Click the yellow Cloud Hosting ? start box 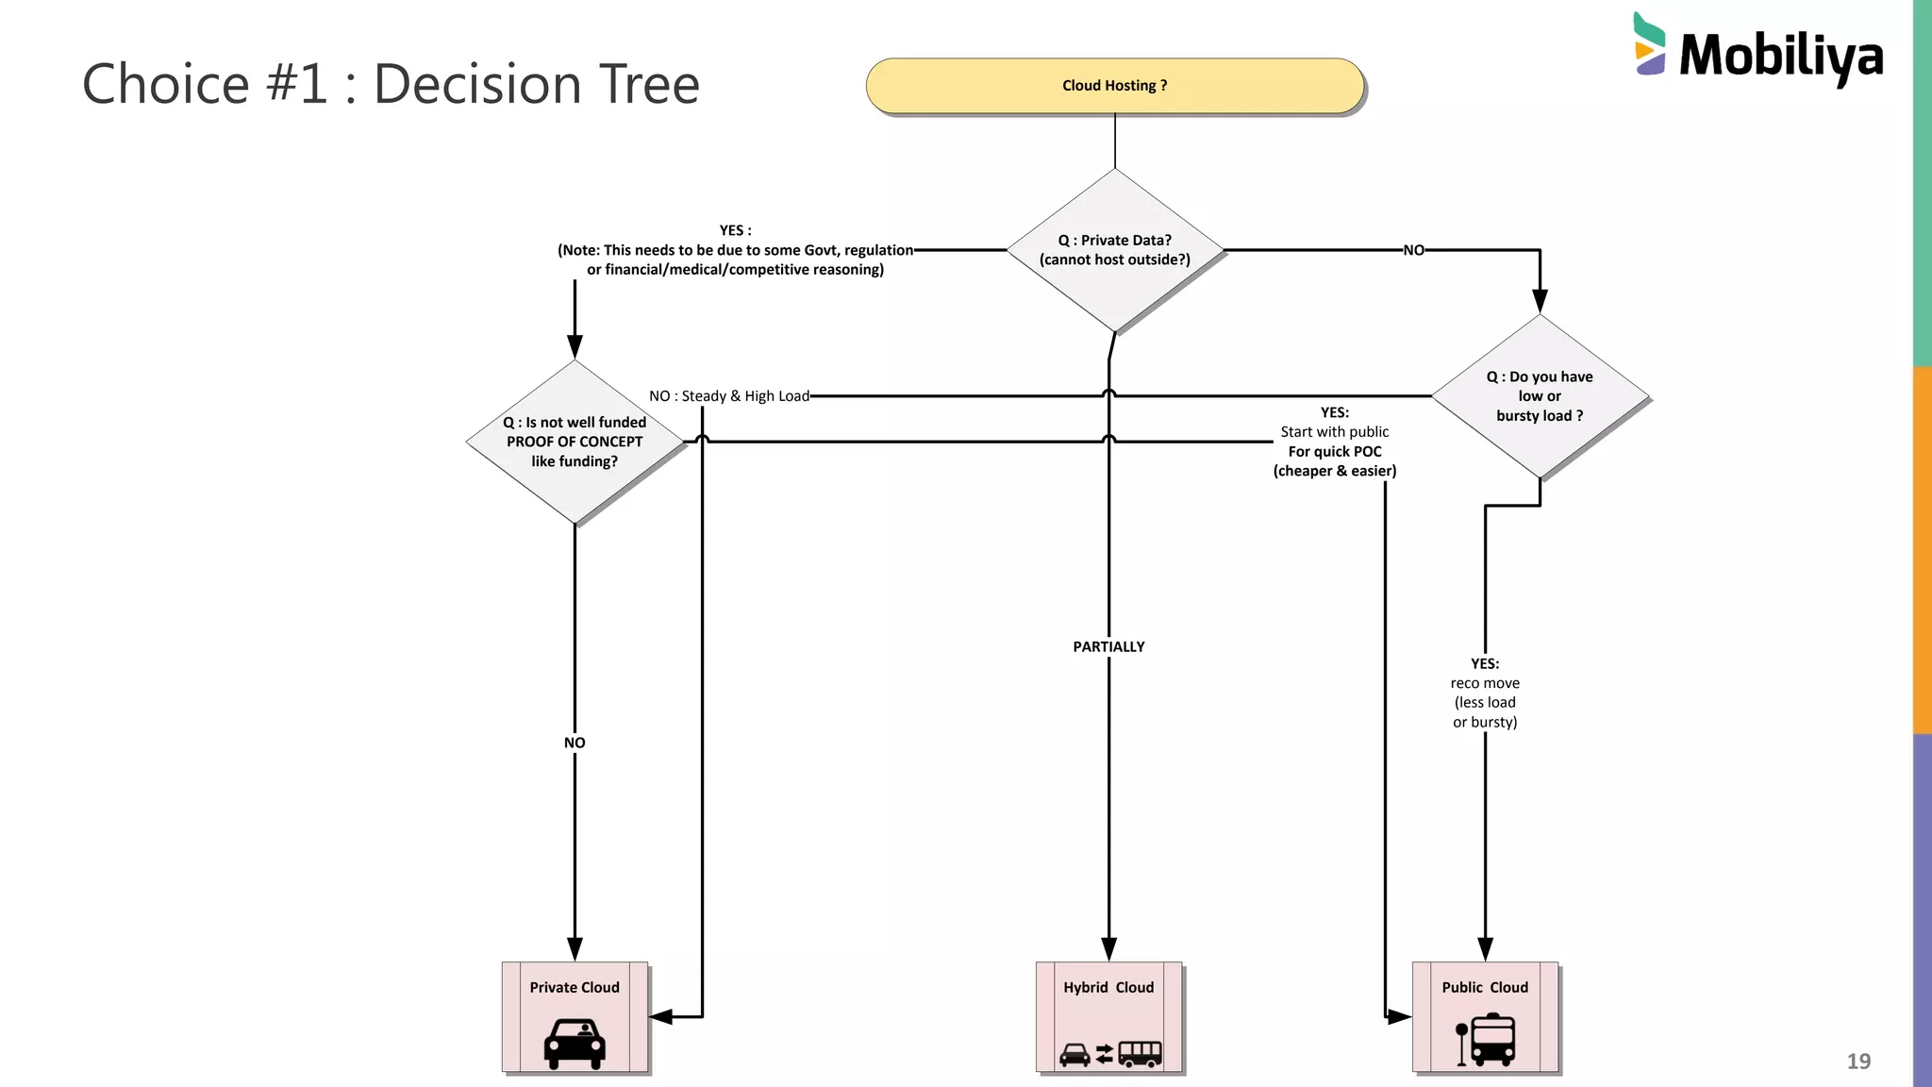click(1114, 86)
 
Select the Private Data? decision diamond click(1114, 250)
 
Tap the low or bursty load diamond click(1539, 396)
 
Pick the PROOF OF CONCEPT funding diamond click(575, 442)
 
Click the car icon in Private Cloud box click(575, 1043)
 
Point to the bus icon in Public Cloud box click(1491, 1040)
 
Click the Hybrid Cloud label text click(1108, 987)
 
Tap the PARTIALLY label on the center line click(1108, 646)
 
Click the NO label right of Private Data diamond click(1413, 250)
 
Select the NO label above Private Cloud click(575, 743)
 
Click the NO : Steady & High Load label click(728, 396)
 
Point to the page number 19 click(1857, 1061)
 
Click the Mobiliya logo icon click(1649, 44)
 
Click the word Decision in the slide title click(477, 84)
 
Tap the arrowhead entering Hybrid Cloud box click(1108, 949)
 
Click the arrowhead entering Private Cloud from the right click(661, 1016)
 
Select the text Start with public click(1334, 432)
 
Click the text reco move click(1485, 683)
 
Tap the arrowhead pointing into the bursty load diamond click(1540, 301)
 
